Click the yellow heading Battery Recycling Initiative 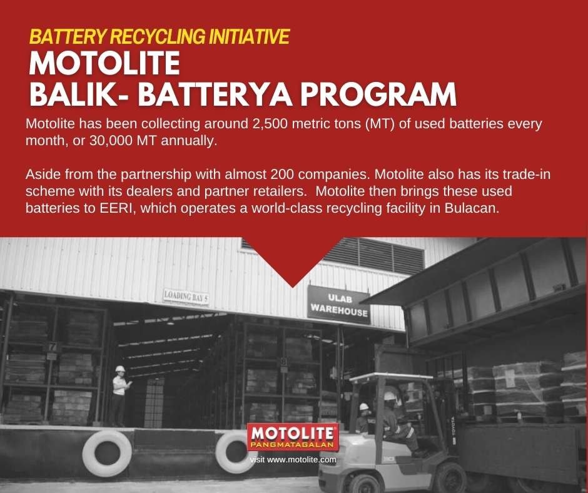[159, 36]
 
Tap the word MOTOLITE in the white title [104, 63]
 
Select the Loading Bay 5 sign [186, 297]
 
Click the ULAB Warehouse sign [338, 305]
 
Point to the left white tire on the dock [107, 453]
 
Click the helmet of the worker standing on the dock [120, 369]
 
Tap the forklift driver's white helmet [390, 395]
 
